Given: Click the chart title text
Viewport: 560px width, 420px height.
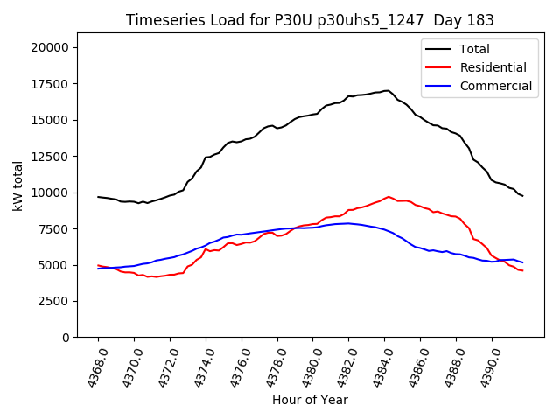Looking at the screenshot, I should pyautogui.click(x=310, y=20).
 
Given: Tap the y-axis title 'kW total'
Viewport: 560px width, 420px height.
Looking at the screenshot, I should pyautogui.click(x=18, y=185).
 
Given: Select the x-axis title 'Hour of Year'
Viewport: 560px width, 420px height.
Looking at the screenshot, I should pyautogui.click(x=310, y=400).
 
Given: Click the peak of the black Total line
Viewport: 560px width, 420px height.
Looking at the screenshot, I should pyautogui.click(x=387, y=90).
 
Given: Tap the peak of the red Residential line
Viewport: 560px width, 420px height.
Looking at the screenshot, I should pyautogui.click(x=388, y=196).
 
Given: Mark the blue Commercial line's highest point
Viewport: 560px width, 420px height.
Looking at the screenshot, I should pyautogui.click(x=348, y=223).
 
